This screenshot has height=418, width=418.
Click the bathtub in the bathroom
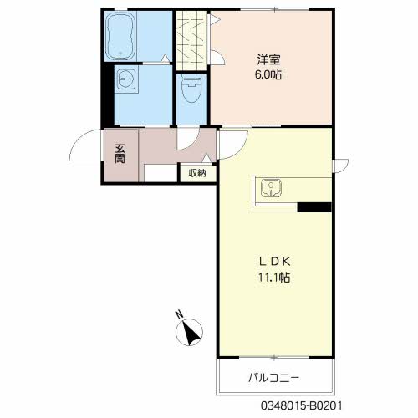point(120,36)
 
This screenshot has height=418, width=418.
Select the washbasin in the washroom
point(126,79)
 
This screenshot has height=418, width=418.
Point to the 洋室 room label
point(268,59)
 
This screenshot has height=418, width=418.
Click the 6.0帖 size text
point(268,74)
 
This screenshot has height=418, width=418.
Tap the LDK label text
point(275,262)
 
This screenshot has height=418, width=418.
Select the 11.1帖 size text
point(274,278)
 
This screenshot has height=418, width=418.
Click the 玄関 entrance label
point(120,153)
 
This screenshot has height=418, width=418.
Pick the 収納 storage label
point(197,173)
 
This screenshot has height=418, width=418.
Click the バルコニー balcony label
point(273,378)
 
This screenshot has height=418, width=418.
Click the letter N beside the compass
point(179,314)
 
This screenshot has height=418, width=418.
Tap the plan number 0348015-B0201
point(301,405)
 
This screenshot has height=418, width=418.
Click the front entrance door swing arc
point(79,139)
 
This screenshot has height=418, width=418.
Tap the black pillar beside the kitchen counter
point(314,207)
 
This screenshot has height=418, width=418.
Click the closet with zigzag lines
point(191,41)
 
